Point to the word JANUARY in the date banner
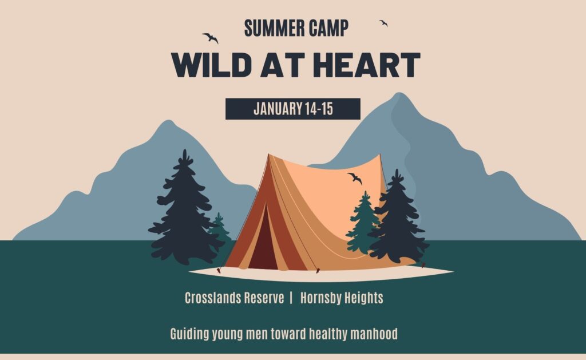point(278,109)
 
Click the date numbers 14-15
point(319,109)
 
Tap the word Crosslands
point(213,298)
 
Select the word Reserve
point(264,298)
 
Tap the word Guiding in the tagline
point(189,334)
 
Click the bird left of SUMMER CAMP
point(211,38)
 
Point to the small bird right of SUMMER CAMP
point(383,23)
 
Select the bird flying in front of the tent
point(355,178)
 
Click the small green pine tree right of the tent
point(363,224)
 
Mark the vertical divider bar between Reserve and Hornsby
point(291,298)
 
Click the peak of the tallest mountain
point(399,93)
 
